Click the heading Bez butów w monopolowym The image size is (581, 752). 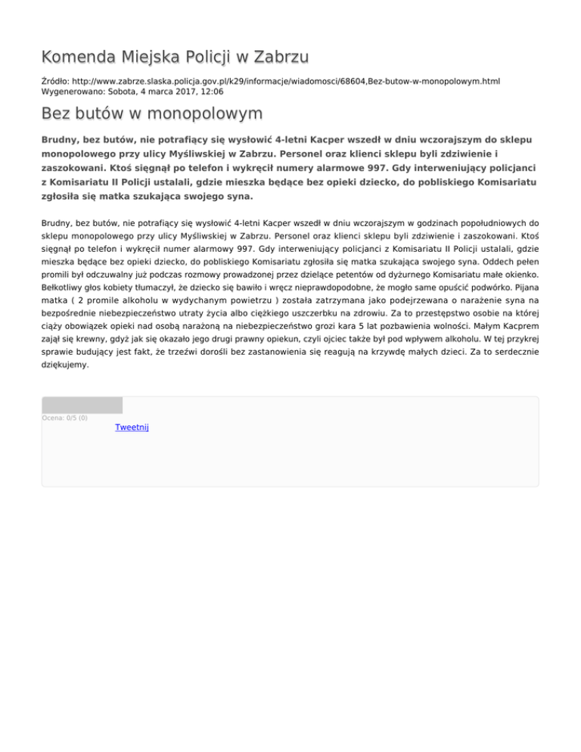pyautogui.click(x=152, y=114)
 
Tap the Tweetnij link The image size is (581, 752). pyautogui.click(x=132, y=427)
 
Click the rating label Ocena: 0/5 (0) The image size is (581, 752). pyautogui.click(x=65, y=418)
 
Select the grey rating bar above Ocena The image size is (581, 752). pyautogui.click(x=82, y=405)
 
